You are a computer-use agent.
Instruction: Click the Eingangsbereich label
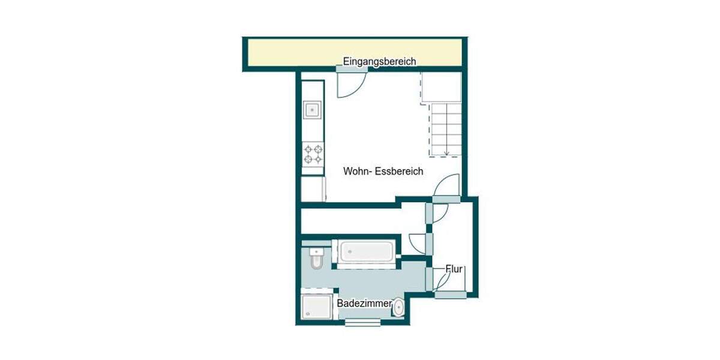click(x=379, y=61)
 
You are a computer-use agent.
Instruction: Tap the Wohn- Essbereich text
click(x=383, y=171)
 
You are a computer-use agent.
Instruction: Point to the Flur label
click(x=454, y=269)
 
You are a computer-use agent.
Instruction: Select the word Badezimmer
click(x=364, y=304)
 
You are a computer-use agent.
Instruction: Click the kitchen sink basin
click(x=313, y=110)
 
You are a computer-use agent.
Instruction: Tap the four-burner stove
click(x=313, y=154)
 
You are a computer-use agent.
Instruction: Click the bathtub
click(x=365, y=251)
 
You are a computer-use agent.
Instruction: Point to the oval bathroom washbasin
click(x=398, y=308)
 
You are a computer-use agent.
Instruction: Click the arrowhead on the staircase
click(x=446, y=154)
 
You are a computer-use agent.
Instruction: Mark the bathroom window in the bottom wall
click(x=362, y=323)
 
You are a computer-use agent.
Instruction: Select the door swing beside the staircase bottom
click(x=448, y=185)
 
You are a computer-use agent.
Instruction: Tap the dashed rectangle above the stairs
click(x=440, y=87)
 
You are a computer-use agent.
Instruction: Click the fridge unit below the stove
click(x=313, y=188)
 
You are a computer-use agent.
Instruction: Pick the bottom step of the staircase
click(x=446, y=149)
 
